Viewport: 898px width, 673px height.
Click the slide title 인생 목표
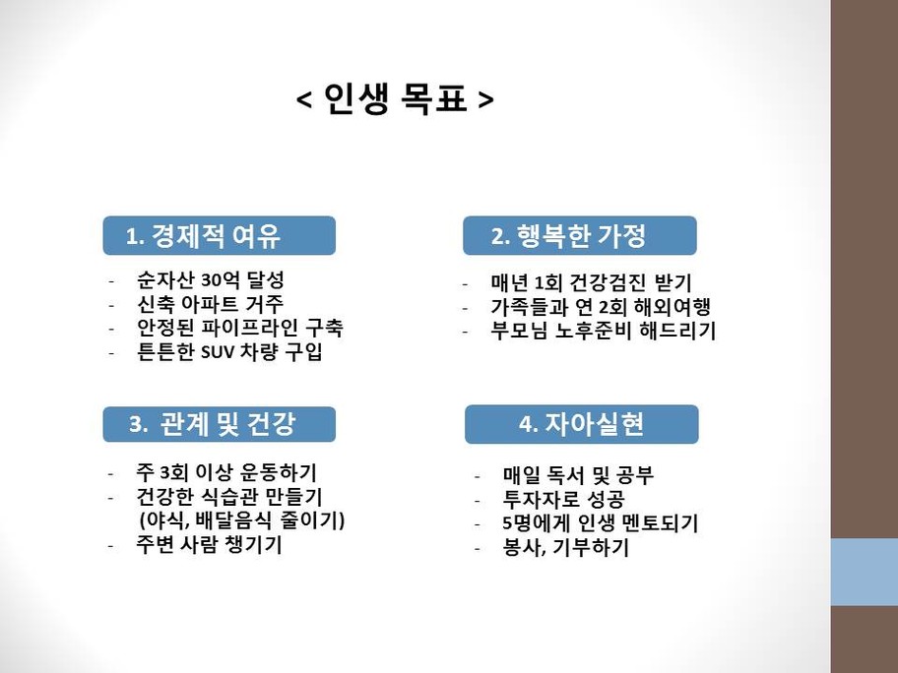[x=395, y=98]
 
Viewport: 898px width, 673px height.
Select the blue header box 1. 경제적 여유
[x=220, y=235]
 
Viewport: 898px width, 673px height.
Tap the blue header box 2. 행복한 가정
[x=580, y=235]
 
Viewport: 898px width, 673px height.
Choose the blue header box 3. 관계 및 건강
[x=220, y=424]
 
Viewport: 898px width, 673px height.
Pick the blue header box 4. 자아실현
[x=581, y=424]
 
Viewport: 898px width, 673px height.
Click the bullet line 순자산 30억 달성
[x=210, y=279]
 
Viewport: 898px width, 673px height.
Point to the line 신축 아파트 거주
[x=210, y=303]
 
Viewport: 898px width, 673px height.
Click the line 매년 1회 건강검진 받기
[x=591, y=282]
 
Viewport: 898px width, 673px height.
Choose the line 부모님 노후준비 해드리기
[x=603, y=331]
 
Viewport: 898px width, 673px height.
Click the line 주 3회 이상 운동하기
[x=226, y=472]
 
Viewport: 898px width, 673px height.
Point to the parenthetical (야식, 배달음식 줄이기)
[x=241, y=520]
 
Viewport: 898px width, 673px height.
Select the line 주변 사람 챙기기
[x=209, y=544]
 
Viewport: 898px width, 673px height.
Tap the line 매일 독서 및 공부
[x=578, y=475]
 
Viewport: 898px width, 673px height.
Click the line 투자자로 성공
[x=563, y=499]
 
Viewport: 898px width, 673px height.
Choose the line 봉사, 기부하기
[x=566, y=547]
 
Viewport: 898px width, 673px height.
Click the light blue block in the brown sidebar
[x=865, y=572]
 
